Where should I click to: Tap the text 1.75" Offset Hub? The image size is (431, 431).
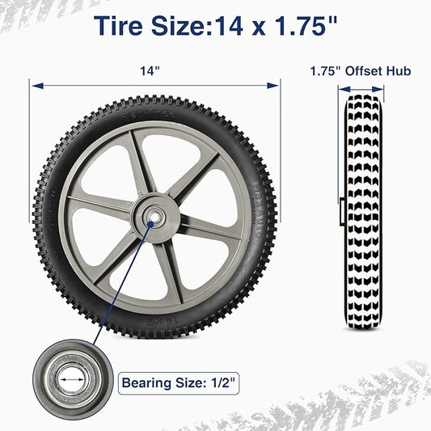(x=360, y=71)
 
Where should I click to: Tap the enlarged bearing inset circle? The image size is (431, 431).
(x=74, y=378)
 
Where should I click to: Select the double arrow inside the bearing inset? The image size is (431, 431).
(x=74, y=378)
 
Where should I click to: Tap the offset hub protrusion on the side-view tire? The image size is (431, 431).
(x=343, y=213)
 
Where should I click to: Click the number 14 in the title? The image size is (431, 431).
(x=228, y=26)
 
